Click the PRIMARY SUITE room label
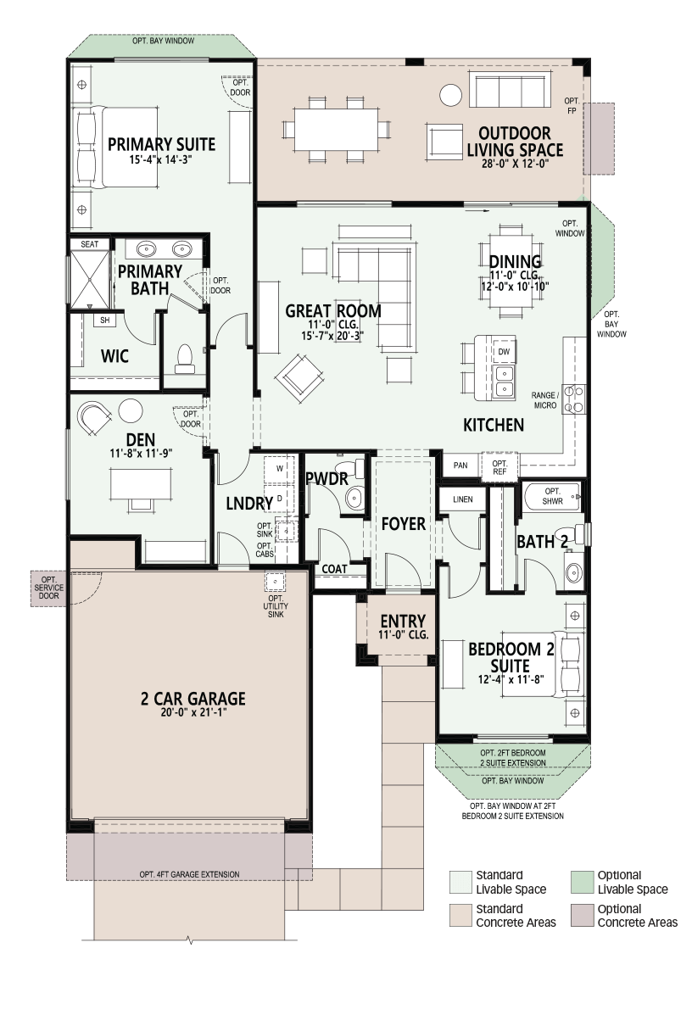pyautogui.click(x=161, y=144)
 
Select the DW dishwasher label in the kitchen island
pyautogui.click(x=504, y=352)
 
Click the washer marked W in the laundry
pyautogui.click(x=279, y=469)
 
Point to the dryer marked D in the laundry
pyautogui.click(x=279, y=498)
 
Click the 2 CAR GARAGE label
pyautogui.click(x=193, y=699)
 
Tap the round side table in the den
pyautogui.click(x=131, y=411)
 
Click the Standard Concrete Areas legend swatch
pyautogui.click(x=460, y=916)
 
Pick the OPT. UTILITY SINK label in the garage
pyautogui.click(x=276, y=606)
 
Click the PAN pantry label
pyautogui.click(x=460, y=466)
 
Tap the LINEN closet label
pyautogui.click(x=462, y=499)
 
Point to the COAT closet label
pyautogui.click(x=334, y=569)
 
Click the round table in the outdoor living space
pyautogui.click(x=450, y=95)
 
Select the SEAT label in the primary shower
pyautogui.click(x=89, y=244)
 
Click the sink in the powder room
pyautogui.click(x=354, y=498)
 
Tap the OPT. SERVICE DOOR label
pyautogui.click(x=48, y=588)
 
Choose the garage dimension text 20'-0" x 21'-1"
pyautogui.click(x=193, y=713)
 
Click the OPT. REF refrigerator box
pyautogui.click(x=499, y=467)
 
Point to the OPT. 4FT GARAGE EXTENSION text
pyautogui.click(x=189, y=874)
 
